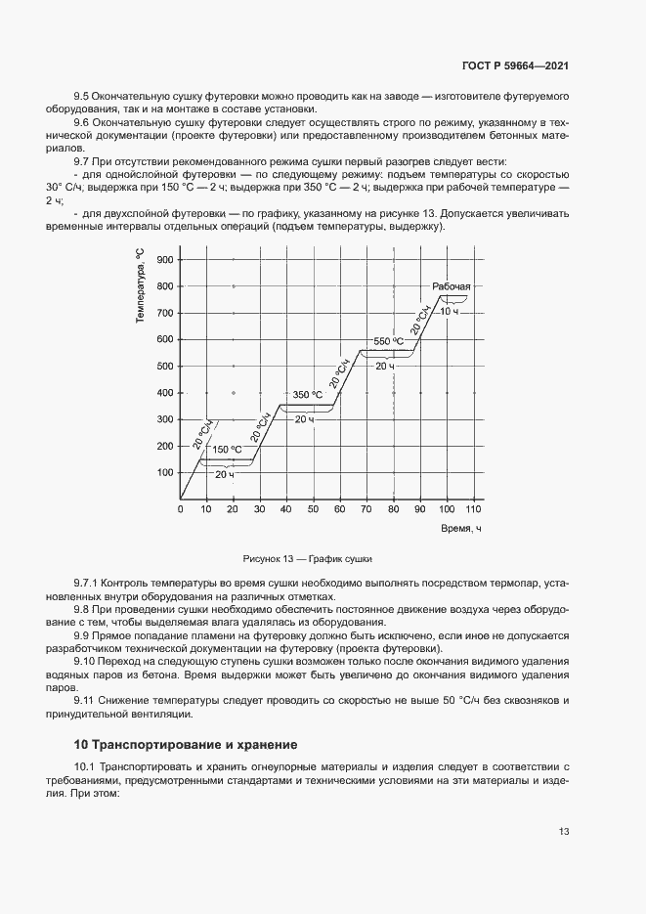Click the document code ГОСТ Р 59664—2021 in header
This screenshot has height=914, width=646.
pos(515,65)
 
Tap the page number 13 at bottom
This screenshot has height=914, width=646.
pos(564,832)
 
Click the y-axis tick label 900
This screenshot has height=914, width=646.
pos(163,260)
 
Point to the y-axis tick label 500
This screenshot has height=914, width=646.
pos(163,367)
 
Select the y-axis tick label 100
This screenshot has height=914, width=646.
pos(163,473)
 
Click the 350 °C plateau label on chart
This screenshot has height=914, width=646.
pos(307,395)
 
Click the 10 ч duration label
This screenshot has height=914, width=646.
pos(450,310)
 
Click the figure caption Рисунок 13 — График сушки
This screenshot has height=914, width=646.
pos(309,559)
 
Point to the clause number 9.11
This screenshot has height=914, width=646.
pos(85,701)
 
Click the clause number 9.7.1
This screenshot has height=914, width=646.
pos(88,584)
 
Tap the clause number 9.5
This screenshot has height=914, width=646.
pos(82,96)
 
